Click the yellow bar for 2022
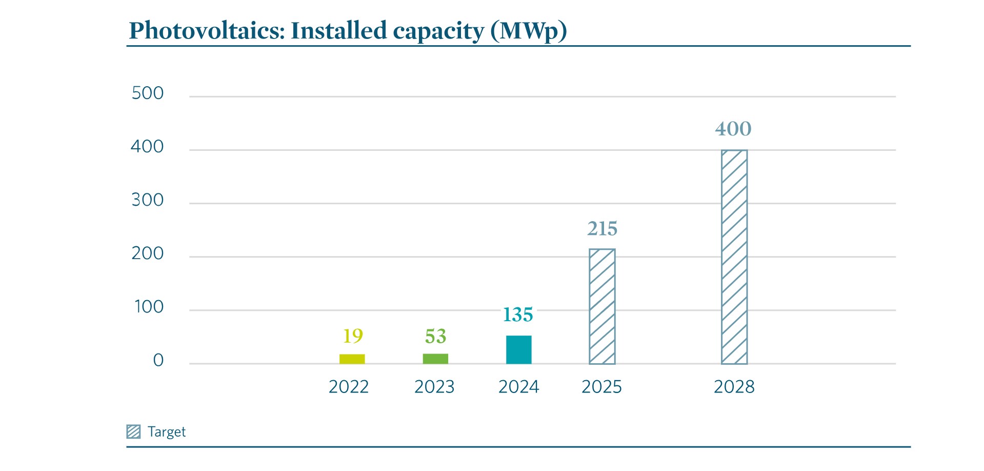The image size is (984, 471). click(352, 359)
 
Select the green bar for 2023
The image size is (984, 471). click(435, 359)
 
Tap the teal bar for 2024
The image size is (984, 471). click(518, 350)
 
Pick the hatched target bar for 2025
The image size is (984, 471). click(602, 306)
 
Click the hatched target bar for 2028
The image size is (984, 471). click(734, 257)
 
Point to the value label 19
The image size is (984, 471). click(353, 336)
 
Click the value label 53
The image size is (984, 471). click(435, 337)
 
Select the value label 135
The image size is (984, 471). click(518, 315)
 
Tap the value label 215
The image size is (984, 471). click(602, 229)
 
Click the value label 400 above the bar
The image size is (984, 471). click(733, 129)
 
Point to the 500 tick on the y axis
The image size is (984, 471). click(148, 93)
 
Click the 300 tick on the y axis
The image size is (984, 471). click(148, 200)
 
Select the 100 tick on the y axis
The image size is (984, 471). click(149, 307)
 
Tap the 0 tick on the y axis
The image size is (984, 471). click(158, 360)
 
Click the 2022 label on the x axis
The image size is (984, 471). click(349, 387)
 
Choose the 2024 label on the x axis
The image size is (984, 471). click(518, 387)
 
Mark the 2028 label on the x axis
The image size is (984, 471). click(734, 387)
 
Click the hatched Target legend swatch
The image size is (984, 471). click(133, 431)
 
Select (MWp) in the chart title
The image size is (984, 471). click(528, 31)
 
